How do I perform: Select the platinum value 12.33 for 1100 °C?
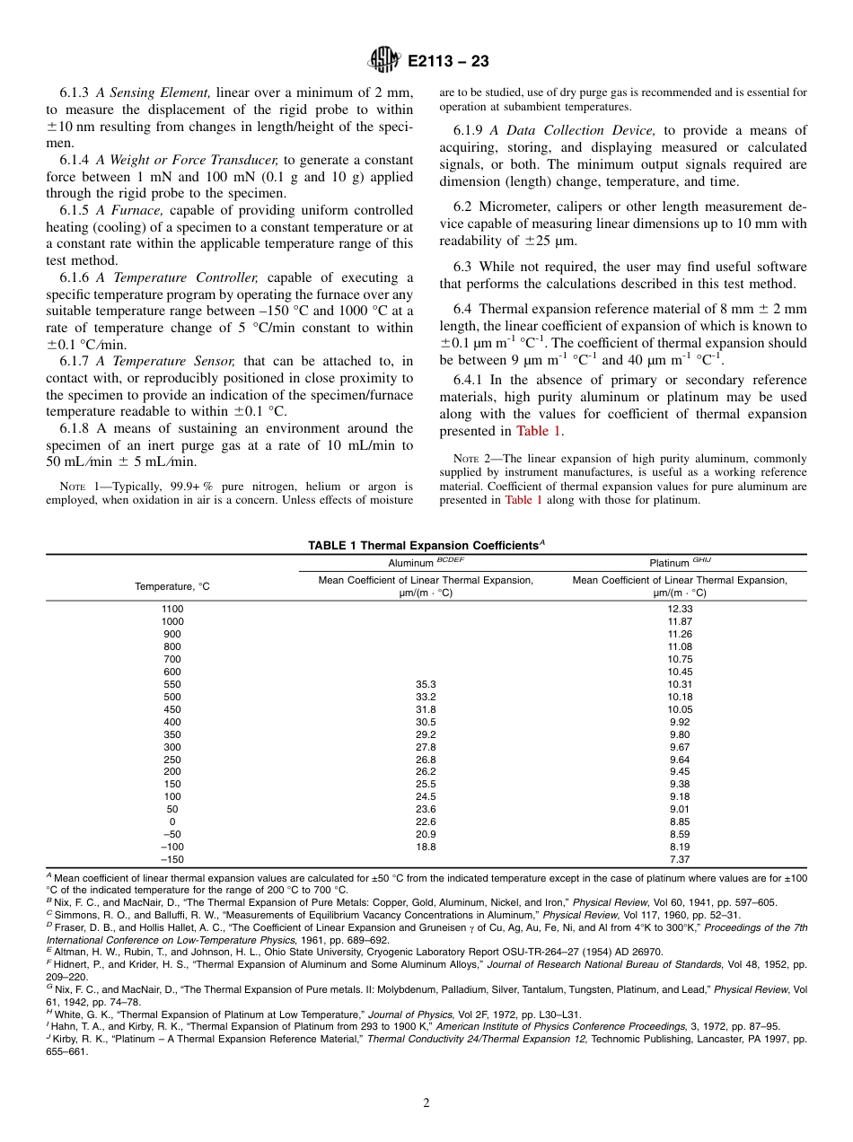tap(680, 609)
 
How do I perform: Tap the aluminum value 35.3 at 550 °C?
tap(426, 684)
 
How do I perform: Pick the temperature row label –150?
tap(171, 859)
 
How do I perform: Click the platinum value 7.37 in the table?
tap(680, 859)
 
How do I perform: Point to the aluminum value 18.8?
tap(426, 847)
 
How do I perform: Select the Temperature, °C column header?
tap(171, 586)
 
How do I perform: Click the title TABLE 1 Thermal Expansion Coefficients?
tap(426, 545)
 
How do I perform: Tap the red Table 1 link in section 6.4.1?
tap(538, 431)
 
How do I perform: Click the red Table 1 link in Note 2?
tap(523, 500)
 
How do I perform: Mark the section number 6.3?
tap(464, 267)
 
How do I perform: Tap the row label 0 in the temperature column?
tap(171, 821)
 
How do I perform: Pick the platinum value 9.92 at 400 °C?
tap(680, 722)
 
